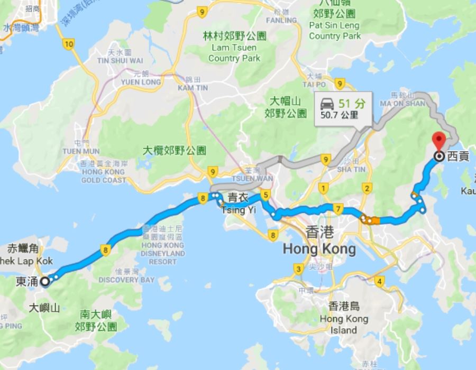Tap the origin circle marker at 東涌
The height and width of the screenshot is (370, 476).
(45, 281)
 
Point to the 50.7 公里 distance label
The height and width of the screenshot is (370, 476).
(339, 114)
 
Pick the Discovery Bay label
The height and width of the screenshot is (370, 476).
(119, 279)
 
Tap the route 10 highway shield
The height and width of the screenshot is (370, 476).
(68, 44)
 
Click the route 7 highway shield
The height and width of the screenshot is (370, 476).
(338, 207)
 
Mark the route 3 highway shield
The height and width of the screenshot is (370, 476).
(299, 270)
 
